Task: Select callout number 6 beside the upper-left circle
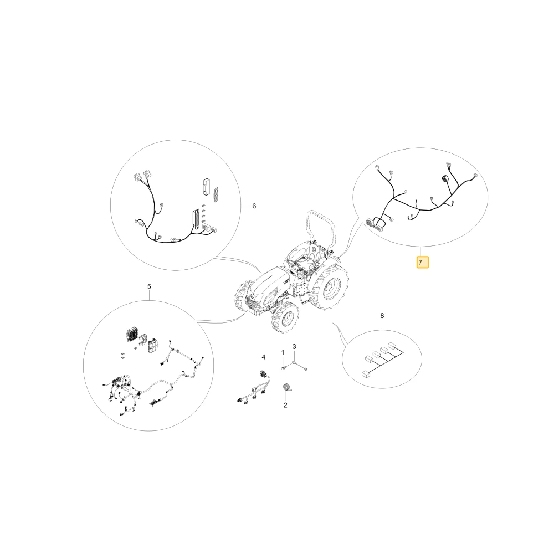[x=254, y=206]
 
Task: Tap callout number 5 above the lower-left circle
[x=149, y=286]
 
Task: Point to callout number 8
[x=382, y=316]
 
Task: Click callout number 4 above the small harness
[x=263, y=357]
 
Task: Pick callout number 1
[x=283, y=352]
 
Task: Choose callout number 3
[x=294, y=347]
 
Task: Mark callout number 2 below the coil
[x=285, y=406]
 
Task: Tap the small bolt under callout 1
[x=283, y=368]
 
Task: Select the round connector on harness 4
[x=263, y=374]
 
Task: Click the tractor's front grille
[x=254, y=304]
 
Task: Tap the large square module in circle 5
[x=131, y=335]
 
